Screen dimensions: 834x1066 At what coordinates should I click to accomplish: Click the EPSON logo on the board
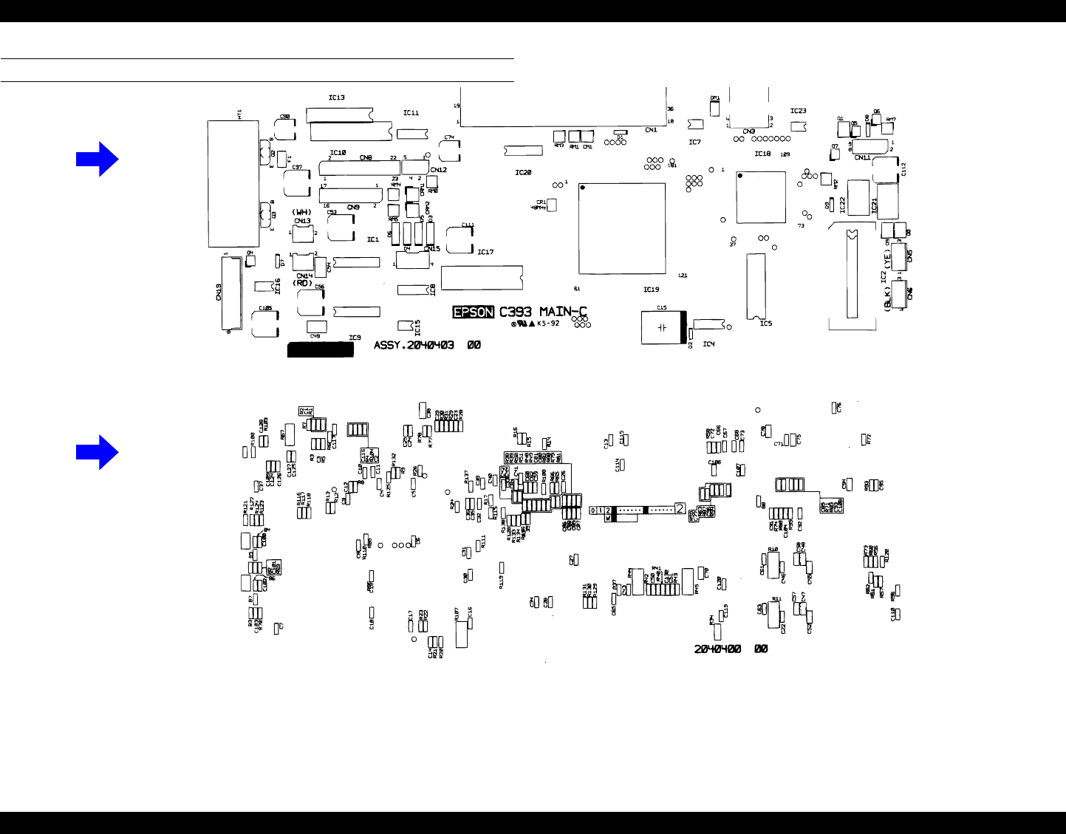(474, 312)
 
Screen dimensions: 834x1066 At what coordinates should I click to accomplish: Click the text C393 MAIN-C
(547, 312)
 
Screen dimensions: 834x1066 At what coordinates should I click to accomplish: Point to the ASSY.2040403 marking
(414, 345)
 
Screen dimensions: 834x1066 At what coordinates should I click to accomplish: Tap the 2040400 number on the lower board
(717, 649)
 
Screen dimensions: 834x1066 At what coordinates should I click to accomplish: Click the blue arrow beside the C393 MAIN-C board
(97, 158)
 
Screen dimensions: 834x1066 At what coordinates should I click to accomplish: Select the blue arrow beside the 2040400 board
(97, 451)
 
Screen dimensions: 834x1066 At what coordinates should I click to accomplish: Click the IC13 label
(336, 98)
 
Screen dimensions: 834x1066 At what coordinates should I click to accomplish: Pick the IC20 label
(523, 173)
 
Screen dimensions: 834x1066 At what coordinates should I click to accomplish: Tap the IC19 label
(650, 290)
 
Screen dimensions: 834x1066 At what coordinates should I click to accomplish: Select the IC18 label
(762, 154)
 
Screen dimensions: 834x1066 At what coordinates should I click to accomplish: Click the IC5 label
(765, 323)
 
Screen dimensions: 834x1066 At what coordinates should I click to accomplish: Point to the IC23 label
(798, 112)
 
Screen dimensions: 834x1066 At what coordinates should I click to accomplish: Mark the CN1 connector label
(650, 130)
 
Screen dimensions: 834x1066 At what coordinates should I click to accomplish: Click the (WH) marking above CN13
(301, 212)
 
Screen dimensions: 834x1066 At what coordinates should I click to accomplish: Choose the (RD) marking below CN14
(301, 282)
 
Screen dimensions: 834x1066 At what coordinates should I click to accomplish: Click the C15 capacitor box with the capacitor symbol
(662, 327)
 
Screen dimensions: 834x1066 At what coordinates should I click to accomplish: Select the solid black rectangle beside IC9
(320, 349)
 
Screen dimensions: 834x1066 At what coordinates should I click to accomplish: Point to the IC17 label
(485, 253)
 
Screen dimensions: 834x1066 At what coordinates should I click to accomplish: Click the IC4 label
(708, 344)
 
